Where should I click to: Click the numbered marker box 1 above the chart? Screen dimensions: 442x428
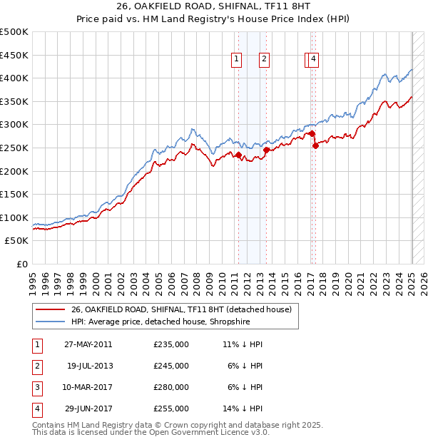coord(235,60)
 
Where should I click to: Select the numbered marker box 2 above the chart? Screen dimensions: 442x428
coord(264,60)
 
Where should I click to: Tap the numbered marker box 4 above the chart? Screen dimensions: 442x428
coord(314,60)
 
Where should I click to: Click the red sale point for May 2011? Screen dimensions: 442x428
coord(238,155)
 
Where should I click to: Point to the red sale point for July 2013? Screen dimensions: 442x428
coord(266,150)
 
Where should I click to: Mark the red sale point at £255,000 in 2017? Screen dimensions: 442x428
coord(315,145)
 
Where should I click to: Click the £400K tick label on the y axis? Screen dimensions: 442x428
coord(14,78)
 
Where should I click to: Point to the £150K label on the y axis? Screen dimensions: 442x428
coord(14,194)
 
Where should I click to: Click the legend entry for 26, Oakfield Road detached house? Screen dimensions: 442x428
coord(181,310)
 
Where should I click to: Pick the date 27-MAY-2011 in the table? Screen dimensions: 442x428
coord(88,344)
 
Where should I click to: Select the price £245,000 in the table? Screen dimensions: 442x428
coord(171,366)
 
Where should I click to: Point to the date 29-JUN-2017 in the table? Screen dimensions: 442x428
coord(88,408)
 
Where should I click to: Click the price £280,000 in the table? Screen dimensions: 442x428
coord(171,387)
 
